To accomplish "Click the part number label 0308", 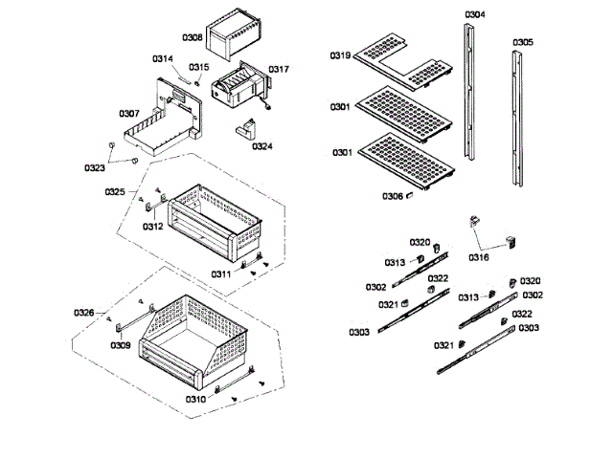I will (x=192, y=37).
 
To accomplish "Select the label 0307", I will (x=130, y=113).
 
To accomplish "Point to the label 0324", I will (x=261, y=146).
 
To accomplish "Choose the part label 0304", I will (x=474, y=14).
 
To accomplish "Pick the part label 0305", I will (x=523, y=42).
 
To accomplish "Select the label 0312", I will (x=153, y=227).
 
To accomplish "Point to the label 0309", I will (x=120, y=344).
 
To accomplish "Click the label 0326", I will (x=84, y=313).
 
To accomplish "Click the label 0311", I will (x=221, y=273).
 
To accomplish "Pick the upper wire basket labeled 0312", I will (x=216, y=222).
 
